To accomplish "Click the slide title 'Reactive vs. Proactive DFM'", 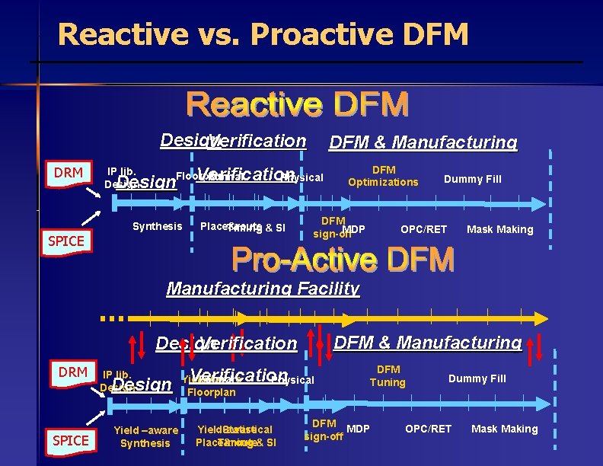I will click(263, 34).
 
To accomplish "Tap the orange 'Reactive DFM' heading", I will click(298, 105).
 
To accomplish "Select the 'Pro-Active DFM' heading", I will click(343, 260).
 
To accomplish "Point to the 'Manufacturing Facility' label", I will click(263, 289).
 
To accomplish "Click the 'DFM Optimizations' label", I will click(383, 176).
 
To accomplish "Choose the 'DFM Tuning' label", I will click(388, 376).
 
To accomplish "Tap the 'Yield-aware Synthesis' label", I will click(145, 436).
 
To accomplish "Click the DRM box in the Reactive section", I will click(69, 174).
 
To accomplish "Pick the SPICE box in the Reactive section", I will click(65, 241).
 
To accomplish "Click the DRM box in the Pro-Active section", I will click(73, 372).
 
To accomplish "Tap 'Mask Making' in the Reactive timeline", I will click(499, 229).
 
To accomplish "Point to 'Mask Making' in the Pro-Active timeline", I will click(504, 429).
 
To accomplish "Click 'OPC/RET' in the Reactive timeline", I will click(424, 229).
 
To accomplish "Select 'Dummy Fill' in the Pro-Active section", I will click(477, 378).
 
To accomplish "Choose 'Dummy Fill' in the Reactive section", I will click(473, 179).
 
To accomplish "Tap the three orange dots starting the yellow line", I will click(111, 318).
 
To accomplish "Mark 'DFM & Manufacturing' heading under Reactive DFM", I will click(423, 142).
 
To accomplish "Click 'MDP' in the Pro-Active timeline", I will click(358, 429).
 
